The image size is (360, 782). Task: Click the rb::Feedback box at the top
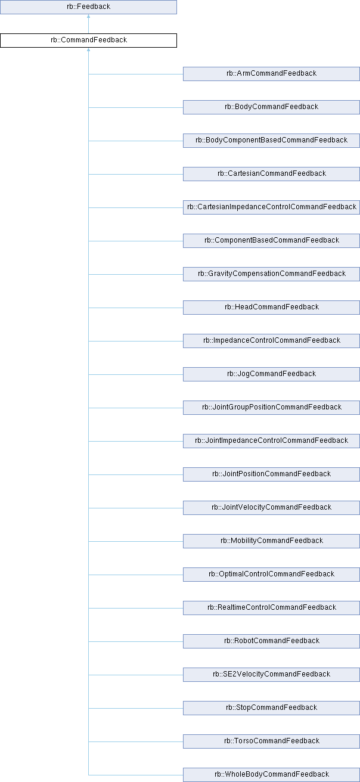click(x=88, y=7)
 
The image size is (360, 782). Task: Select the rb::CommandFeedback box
click(x=88, y=41)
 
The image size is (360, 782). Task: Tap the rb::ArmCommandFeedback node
click(x=271, y=73)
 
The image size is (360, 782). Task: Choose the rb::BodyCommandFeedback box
click(x=271, y=107)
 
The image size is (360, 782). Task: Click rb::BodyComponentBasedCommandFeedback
click(x=271, y=140)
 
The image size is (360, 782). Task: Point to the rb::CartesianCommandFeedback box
click(x=271, y=173)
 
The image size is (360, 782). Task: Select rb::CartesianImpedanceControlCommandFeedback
click(x=271, y=207)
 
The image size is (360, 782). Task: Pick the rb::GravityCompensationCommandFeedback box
click(x=271, y=274)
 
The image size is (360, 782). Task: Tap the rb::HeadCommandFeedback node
click(x=271, y=307)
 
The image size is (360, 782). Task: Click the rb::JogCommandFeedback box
click(x=271, y=374)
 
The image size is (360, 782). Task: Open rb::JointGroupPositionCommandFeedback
click(x=271, y=407)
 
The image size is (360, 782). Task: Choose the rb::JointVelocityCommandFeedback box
click(x=271, y=507)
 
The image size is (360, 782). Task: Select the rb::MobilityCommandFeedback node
click(x=271, y=541)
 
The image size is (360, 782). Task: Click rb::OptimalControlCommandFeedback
click(x=271, y=574)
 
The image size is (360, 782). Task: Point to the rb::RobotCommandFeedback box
click(x=271, y=641)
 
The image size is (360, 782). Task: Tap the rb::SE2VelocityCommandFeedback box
click(x=271, y=674)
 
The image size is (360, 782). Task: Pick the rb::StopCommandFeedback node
click(x=271, y=707)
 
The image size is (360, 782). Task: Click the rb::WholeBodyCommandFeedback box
click(x=271, y=774)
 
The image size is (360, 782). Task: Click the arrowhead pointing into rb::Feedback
click(x=88, y=17)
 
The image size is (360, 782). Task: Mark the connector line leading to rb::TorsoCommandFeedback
click(x=136, y=741)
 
